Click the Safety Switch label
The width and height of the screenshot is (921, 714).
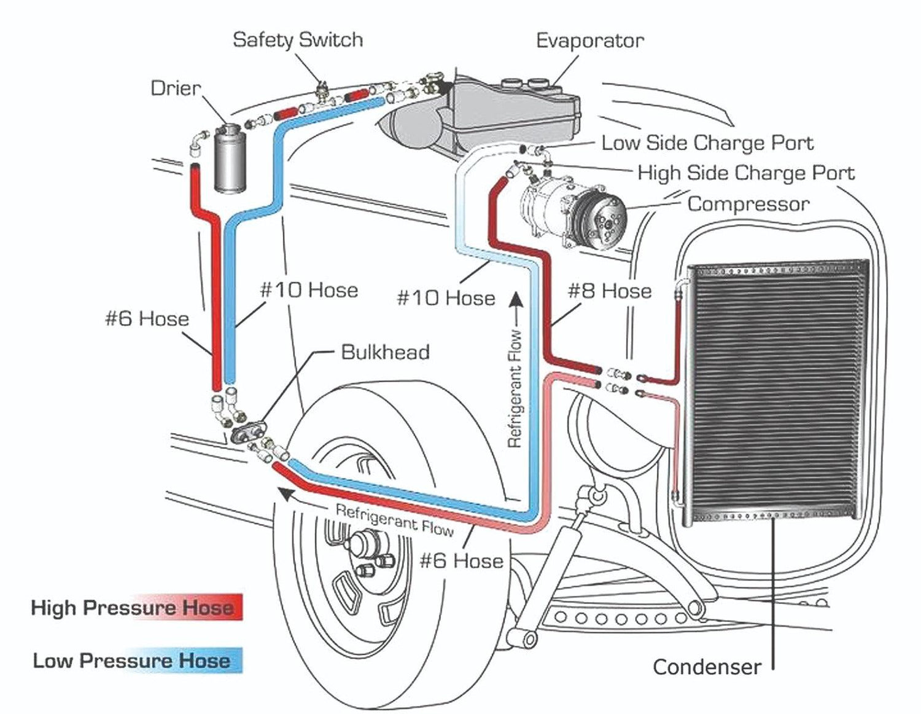pyautogui.click(x=298, y=40)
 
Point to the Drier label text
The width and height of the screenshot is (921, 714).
pyautogui.click(x=176, y=88)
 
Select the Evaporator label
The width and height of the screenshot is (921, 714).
pyautogui.click(x=589, y=41)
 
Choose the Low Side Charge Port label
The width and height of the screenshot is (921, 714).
pyautogui.click(x=707, y=143)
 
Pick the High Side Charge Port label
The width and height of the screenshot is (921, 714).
pyautogui.click(x=745, y=173)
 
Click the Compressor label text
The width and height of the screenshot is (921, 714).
pyautogui.click(x=748, y=203)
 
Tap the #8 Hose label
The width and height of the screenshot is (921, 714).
pyautogui.click(x=609, y=291)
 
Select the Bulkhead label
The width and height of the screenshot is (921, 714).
pyautogui.click(x=385, y=352)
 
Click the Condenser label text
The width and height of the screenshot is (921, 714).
pyautogui.click(x=706, y=667)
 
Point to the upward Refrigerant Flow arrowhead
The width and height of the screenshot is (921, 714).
pyautogui.click(x=516, y=299)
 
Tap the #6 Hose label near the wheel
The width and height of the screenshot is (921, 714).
pyautogui.click(x=461, y=560)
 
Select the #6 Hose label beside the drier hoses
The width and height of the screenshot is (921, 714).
pyautogui.click(x=147, y=318)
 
